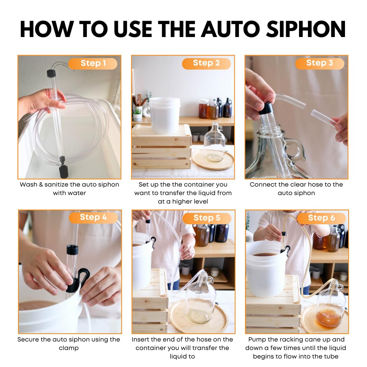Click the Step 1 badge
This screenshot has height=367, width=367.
[93, 64]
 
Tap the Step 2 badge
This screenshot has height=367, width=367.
[206, 63]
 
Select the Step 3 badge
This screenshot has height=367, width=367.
[319, 63]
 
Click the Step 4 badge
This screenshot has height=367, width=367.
[93, 217]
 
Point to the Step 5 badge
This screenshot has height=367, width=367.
[207, 218]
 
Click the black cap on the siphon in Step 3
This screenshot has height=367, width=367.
[266, 108]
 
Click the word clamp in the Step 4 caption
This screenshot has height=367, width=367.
[69, 348]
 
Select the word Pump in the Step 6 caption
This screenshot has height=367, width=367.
[257, 339]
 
